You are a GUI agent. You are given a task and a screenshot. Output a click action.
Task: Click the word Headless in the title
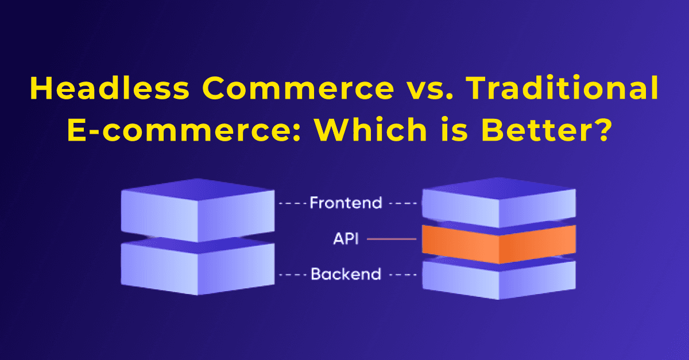(x=110, y=88)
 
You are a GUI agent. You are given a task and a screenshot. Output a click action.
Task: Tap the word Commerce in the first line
(x=298, y=88)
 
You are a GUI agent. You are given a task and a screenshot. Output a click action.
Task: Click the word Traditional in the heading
(x=562, y=88)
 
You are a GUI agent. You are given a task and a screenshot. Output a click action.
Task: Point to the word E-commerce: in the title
(x=184, y=130)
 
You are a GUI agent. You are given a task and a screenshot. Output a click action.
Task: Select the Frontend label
(x=346, y=203)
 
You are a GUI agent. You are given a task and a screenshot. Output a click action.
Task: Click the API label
(x=346, y=238)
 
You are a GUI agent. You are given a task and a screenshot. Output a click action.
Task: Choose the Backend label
(x=346, y=274)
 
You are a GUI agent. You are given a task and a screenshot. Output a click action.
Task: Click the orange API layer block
(x=498, y=245)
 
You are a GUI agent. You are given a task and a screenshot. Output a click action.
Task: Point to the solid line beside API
(x=392, y=239)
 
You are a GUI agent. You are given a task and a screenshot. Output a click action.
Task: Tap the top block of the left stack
(x=198, y=211)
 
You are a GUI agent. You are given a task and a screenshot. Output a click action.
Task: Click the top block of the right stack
(x=498, y=203)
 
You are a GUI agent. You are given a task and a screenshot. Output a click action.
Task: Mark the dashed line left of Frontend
(x=292, y=203)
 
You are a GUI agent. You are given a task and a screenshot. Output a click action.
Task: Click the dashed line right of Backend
(x=403, y=274)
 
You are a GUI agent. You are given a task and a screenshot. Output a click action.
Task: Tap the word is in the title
(x=454, y=130)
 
